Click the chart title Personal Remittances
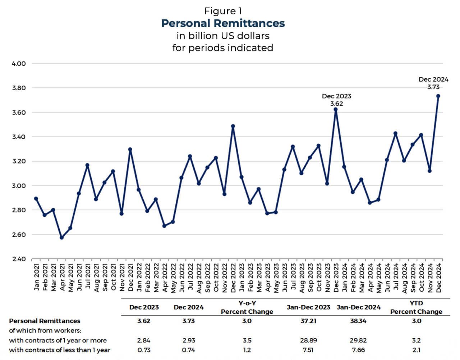(223, 23)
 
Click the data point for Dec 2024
(438, 96)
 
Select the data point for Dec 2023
(336, 110)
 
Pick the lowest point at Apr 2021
(61, 237)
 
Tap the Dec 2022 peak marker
(233, 126)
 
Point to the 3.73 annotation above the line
(433, 87)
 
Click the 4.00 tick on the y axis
(19, 64)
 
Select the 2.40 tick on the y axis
(19, 259)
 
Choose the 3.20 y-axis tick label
(19, 161)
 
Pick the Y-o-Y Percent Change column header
(247, 308)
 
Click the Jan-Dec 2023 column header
(308, 307)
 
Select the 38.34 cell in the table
(358, 321)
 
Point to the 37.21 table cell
(308, 321)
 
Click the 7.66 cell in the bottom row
(358, 350)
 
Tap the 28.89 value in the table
(308, 340)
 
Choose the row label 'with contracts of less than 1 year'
(60, 350)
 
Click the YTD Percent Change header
(416, 308)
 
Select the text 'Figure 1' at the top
(223, 11)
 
